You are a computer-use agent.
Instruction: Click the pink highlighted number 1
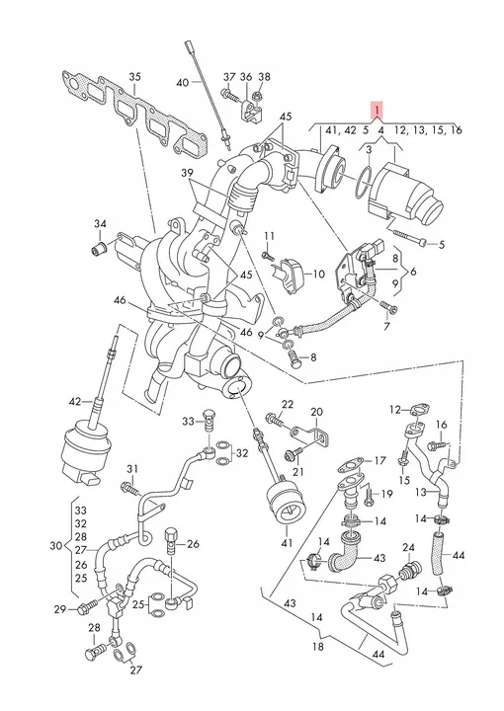coord(377,111)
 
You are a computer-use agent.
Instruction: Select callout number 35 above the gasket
coord(134,77)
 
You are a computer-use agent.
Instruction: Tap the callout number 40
coord(183,83)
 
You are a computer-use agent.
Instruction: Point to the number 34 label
coord(100,223)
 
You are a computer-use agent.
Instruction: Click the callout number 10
coord(319,274)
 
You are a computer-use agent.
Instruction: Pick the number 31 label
coord(131,468)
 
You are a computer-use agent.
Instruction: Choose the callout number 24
coord(408,548)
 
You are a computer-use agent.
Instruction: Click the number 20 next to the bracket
coord(316,412)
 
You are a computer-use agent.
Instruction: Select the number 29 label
coord(60,609)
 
